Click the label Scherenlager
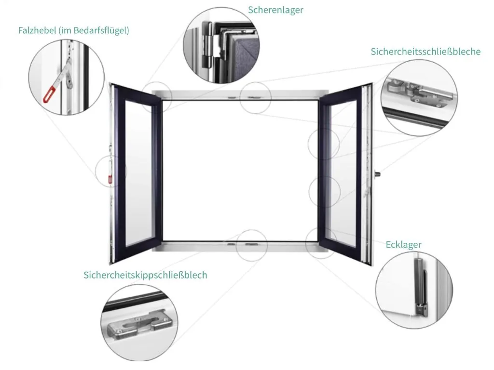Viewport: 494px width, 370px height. point(275,10)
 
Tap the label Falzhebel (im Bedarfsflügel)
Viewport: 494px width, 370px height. point(73,30)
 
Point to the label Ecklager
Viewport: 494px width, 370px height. point(403,244)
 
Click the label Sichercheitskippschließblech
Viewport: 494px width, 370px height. point(145,275)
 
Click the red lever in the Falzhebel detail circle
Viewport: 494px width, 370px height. point(50,93)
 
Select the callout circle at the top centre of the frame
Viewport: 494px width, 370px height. point(256,97)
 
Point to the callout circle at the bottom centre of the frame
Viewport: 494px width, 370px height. point(251,245)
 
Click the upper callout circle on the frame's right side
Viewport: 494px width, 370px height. point(323,144)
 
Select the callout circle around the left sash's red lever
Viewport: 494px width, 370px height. point(111,171)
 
